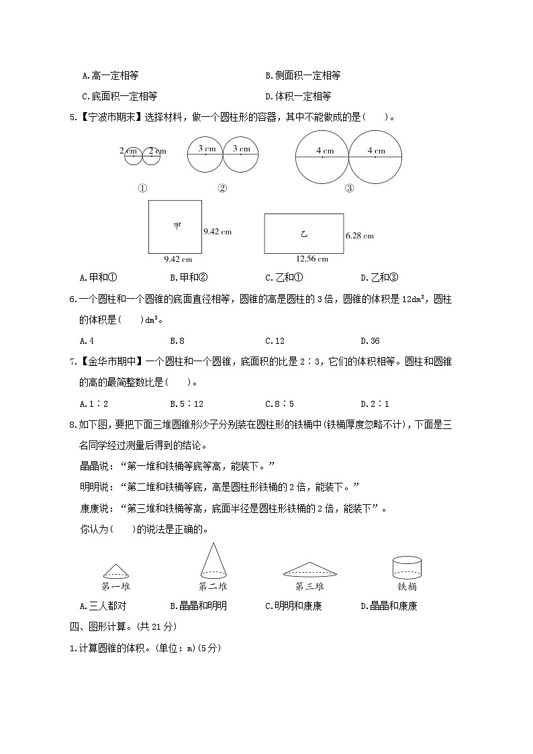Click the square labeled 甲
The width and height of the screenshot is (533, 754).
pos(175,226)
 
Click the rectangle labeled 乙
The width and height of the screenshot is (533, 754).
pos(303,234)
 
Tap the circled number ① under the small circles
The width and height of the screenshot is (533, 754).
pos(142,189)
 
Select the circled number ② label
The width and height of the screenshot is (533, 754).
pos(222,189)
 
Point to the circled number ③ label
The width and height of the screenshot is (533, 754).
pos(349,189)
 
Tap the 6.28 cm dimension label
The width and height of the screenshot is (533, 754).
pos(359,236)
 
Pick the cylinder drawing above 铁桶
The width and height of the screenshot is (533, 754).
pos(407,567)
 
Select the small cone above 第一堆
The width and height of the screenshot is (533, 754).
pos(116,571)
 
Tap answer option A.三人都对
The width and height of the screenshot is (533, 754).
pos(103,606)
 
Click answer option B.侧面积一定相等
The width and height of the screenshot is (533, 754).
pos(303,76)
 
